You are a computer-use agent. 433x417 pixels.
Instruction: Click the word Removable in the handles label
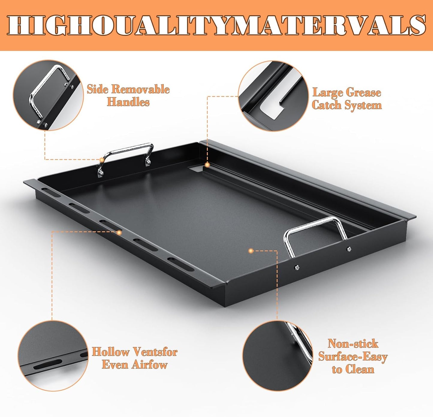pyautogui.click(x=141, y=89)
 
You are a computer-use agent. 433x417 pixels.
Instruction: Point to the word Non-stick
pyautogui.click(x=353, y=343)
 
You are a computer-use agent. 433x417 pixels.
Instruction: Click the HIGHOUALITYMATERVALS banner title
pyautogui.click(x=216, y=25)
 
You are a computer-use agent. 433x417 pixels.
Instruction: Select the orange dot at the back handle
pyautogui.click(x=102, y=160)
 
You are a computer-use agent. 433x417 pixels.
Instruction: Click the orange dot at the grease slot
pyautogui.click(x=207, y=165)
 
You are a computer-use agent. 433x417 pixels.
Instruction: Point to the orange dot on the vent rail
pyautogui.click(x=119, y=233)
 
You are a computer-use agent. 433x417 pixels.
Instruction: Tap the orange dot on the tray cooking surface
pyautogui.click(x=251, y=251)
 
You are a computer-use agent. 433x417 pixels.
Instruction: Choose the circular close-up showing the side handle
pyautogui.click(x=48, y=95)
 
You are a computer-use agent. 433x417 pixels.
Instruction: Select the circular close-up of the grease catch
pyautogui.click(x=273, y=96)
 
